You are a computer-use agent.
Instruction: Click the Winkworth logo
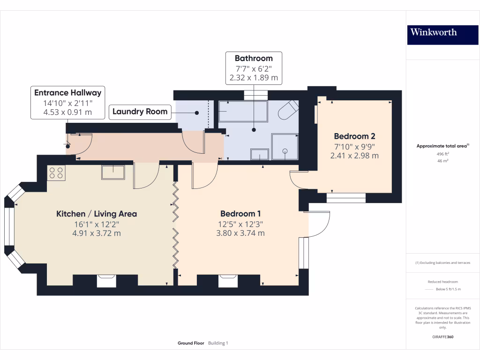tap(442, 35)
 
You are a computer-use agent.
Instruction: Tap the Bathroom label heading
tap(254, 58)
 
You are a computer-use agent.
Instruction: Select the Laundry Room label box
tap(140, 112)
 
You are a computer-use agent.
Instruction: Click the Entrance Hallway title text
tap(67, 93)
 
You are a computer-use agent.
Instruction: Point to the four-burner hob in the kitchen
tap(56, 173)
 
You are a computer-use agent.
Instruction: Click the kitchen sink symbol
tap(113, 172)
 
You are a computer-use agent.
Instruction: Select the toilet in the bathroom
tap(288, 110)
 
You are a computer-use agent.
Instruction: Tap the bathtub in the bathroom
tap(243, 111)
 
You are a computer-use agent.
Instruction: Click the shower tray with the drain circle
tap(285, 147)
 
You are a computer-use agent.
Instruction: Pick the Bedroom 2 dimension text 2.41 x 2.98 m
tap(354, 156)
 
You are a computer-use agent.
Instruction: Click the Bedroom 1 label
tap(240, 214)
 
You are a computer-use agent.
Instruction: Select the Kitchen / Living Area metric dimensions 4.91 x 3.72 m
tap(97, 233)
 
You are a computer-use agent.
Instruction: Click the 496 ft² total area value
tap(442, 154)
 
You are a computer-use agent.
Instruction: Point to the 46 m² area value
tap(442, 161)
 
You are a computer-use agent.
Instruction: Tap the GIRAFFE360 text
tap(442, 337)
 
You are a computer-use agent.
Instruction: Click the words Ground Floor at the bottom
tap(191, 343)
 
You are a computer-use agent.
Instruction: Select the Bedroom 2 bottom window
tap(346, 198)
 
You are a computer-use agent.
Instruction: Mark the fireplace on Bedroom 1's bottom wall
tap(228, 281)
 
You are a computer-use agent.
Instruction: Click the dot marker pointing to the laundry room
tap(197, 113)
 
